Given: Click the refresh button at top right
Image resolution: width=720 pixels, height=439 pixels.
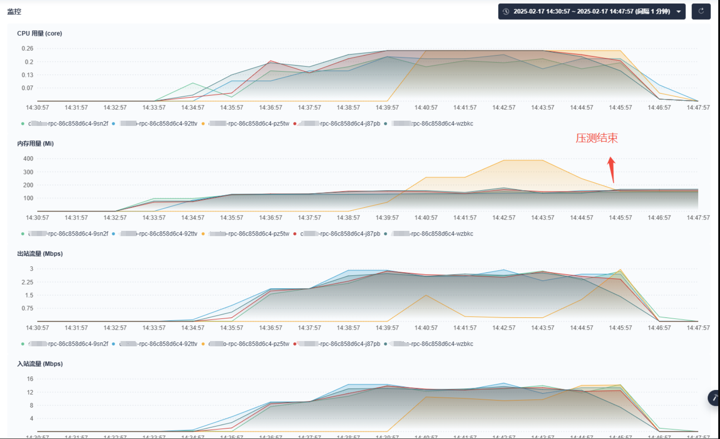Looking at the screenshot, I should click(x=701, y=11).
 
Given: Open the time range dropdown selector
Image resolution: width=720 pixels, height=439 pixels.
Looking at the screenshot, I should click(x=591, y=11).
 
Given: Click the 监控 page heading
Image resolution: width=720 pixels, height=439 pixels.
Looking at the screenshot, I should click(x=14, y=11).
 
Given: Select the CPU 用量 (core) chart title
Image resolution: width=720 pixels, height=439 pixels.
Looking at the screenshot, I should click(x=39, y=33).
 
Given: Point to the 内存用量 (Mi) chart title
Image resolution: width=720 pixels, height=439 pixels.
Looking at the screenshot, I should click(x=35, y=143).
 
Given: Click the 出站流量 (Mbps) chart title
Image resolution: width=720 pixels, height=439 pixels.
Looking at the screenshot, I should click(x=40, y=254).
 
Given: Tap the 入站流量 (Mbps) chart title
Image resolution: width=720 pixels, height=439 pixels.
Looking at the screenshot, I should click(x=40, y=364).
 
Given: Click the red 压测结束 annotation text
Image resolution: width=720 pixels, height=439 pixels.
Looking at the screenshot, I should click(x=597, y=138).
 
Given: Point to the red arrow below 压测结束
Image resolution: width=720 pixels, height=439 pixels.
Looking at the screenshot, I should click(x=612, y=169).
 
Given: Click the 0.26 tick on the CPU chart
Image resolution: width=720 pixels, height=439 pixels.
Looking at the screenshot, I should click(x=27, y=49).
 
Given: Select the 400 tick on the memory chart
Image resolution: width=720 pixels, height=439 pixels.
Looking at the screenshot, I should click(x=28, y=159).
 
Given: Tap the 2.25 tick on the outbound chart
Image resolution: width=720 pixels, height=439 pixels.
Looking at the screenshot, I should click(x=27, y=282).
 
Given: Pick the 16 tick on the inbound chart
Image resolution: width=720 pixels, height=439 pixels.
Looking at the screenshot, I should click(x=30, y=379).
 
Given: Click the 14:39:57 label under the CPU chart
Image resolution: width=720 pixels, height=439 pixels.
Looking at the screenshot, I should click(x=387, y=108).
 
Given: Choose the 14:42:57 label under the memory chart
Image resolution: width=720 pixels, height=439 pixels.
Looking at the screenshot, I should click(x=504, y=218).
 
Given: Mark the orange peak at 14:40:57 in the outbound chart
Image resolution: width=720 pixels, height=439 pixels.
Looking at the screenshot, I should click(x=426, y=295).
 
